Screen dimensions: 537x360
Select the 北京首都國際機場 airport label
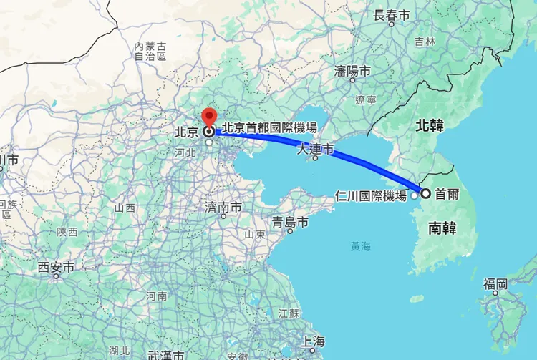point(269,128)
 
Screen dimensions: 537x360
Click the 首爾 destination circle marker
point(425,193)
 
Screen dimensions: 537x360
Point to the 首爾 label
point(447,193)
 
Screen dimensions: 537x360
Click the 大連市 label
point(316,150)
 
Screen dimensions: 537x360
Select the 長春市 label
point(392,14)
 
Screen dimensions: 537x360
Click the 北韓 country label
point(430,126)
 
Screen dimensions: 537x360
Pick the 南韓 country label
point(443,228)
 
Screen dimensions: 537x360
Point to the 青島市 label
point(290,223)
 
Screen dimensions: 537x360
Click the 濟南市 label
point(223,208)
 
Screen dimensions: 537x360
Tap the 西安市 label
point(57,268)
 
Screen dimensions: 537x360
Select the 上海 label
point(314,341)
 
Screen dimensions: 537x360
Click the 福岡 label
point(495,284)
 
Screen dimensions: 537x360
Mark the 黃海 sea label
point(361,246)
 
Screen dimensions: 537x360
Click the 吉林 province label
point(425,42)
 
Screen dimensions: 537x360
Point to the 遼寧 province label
point(367,100)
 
